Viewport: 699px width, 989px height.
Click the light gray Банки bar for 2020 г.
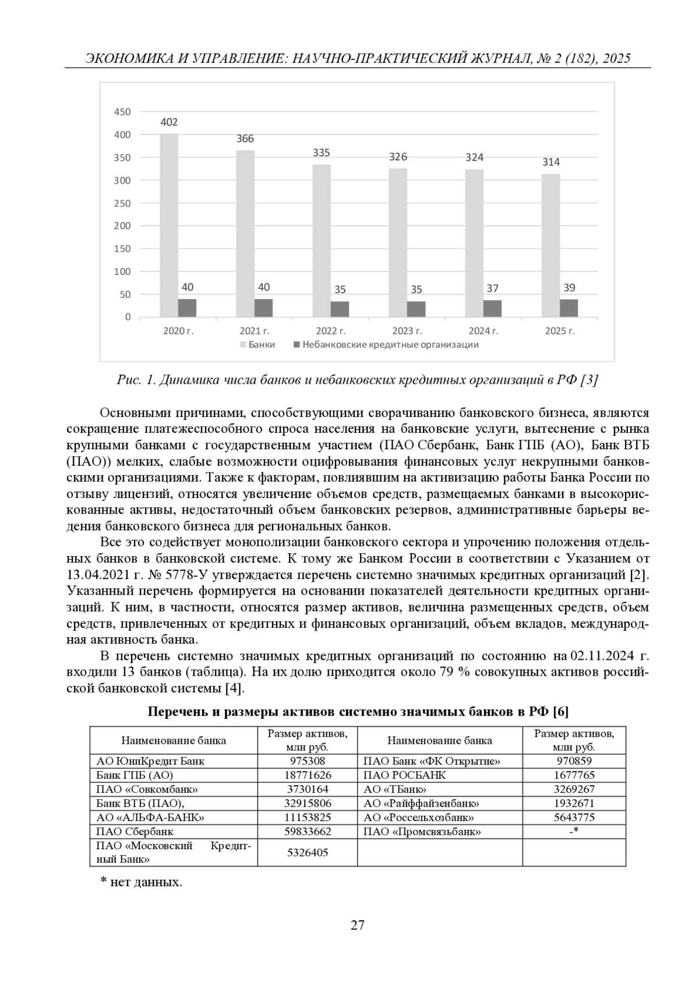coord(169,225)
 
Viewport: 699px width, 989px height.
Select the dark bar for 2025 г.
coord(569,308)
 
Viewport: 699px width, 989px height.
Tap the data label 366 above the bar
coord(245,139)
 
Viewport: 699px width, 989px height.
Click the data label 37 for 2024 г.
coord(492,288)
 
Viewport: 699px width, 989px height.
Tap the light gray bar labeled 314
coord(550,245)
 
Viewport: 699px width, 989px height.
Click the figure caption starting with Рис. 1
coord(357,380)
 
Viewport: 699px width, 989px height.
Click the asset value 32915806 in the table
coord(308,804)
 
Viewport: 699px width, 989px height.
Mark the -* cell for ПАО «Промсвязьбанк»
coord(573,832)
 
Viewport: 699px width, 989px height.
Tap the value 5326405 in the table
coord(308,853)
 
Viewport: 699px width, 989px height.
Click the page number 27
coord(357,925)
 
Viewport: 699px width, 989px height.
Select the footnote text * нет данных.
coord(142,882)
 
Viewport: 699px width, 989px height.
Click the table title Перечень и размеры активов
coord(358,712)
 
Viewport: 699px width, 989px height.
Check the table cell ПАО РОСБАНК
coord(404,775)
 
